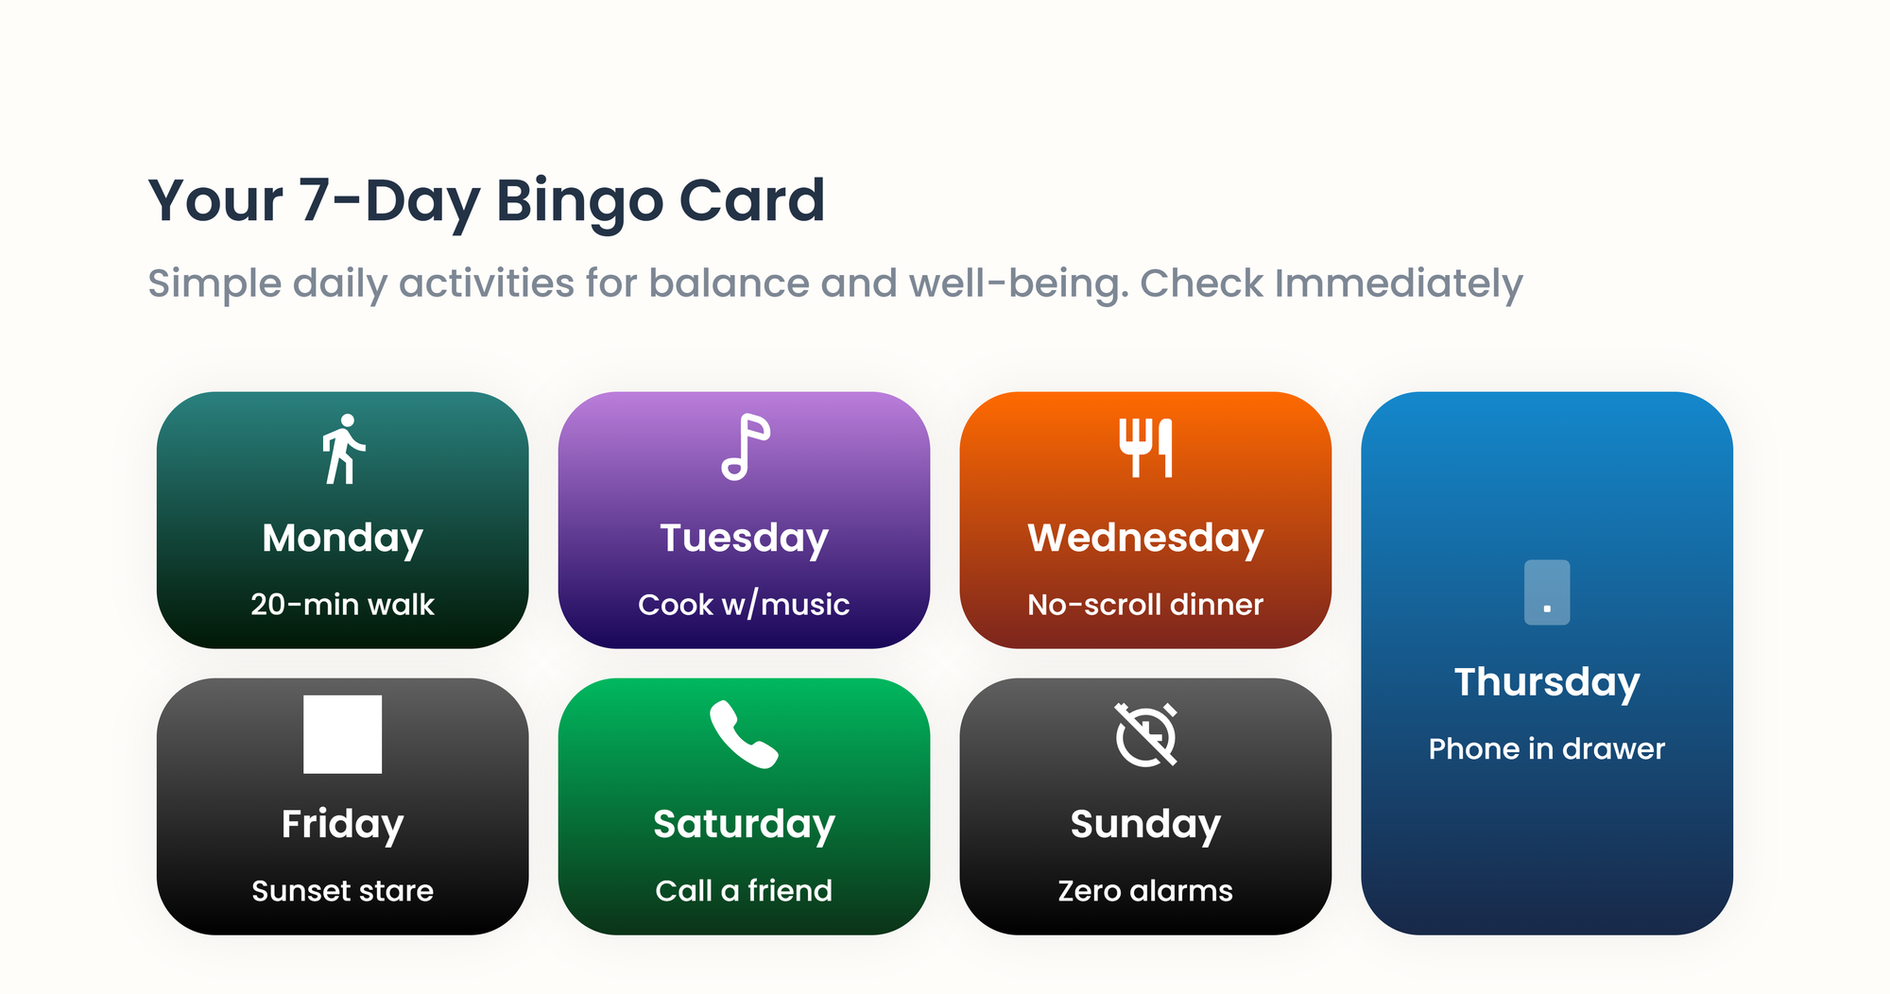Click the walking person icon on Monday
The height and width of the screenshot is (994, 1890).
[343, 449]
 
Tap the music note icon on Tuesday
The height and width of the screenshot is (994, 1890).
[746, 447]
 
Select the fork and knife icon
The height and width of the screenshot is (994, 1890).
[1145, 448]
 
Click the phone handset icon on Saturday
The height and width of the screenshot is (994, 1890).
[744, 734]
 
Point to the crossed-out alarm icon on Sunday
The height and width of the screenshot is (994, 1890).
[1146, 734]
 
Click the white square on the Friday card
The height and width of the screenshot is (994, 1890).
[343, 734]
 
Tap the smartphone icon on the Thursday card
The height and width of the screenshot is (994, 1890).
[1547, 592]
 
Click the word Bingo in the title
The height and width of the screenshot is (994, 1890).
[579, 201]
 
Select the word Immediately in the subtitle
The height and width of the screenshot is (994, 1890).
[1399, 283]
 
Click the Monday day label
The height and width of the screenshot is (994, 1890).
[343, 538]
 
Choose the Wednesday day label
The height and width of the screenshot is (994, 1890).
[1145, 538]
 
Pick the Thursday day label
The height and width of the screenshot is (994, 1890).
[1547, 682]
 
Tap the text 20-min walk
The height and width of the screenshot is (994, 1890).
[343, 605]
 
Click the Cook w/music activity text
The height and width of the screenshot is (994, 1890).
[744, 605]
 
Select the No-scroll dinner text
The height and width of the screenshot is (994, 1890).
[1145, 605]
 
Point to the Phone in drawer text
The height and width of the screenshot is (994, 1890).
[1547, 749]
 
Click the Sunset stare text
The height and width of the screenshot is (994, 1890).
[343, 891]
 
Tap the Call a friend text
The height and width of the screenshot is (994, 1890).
[744, 891]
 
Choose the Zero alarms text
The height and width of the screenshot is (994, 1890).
[1145, 891]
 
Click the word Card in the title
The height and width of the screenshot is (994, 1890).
[752, 201]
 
